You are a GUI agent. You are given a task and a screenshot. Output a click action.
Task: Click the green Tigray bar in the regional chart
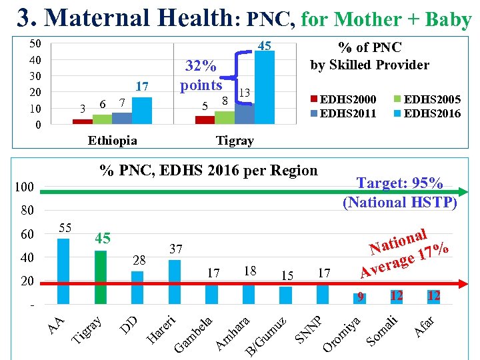click(x=101, y=277)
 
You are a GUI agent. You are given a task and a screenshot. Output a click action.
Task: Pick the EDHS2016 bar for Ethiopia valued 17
click(x=141, y=110)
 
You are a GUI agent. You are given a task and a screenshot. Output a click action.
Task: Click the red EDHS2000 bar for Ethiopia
click(x=82, y=121)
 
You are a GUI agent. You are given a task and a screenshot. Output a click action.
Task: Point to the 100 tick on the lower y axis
click(x=25, y=187)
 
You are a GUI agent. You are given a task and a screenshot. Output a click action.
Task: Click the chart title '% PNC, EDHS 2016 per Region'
click(x=208, y=170)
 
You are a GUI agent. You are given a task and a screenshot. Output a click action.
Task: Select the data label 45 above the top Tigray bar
click(x=264, y=45)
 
